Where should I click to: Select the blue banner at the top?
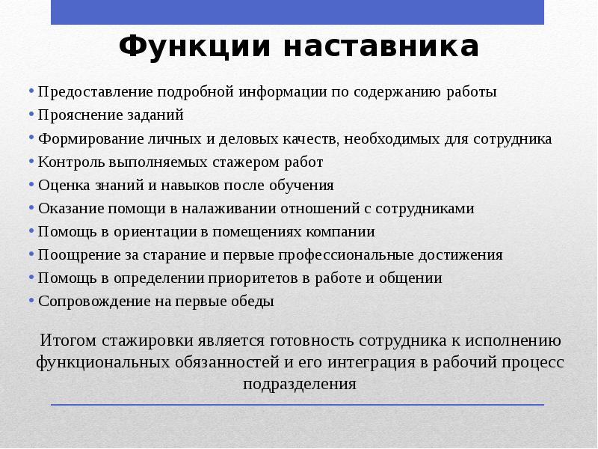[x=298, y=12]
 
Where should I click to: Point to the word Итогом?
[x=68, y=340]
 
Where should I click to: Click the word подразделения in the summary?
[x=299, y=385]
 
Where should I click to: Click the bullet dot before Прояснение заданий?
[x=32, y=115]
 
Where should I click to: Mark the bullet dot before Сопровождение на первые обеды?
[x=32, y=301]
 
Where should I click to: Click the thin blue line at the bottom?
[x=298, y=405]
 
